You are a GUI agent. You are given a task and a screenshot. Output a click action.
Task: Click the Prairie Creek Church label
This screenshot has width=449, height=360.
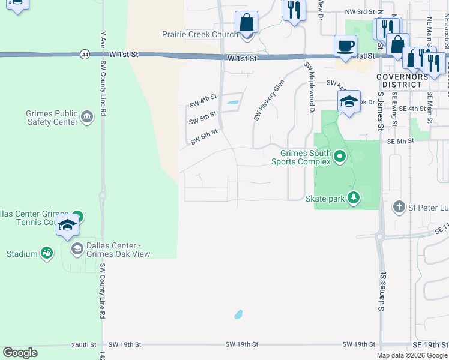pyautogui.click(x=200, y=35)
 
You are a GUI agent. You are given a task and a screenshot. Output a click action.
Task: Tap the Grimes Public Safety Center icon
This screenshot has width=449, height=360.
pyautogui.click(x=87, y=116)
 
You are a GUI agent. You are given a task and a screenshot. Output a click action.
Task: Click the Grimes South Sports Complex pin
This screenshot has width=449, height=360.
pyautogui.click(x=340, y=157)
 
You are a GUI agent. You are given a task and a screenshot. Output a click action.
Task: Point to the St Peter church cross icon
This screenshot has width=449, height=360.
pyautogui.click(x=399, y=208)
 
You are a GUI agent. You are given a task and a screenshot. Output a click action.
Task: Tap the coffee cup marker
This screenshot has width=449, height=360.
pyautogui.click(x=345, y=47)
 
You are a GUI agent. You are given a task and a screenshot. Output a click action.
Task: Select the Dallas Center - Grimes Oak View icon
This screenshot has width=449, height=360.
pyautogui.click(x=76, y=248)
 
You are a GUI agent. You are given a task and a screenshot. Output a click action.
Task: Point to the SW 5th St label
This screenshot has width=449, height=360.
pyautogui.click(x=202, y=121)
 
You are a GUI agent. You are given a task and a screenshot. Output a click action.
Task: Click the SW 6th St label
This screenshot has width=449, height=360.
pyautogui.click(x=203, y=140)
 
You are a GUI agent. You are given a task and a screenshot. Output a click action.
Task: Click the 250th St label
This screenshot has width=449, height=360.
pyautogui.click(x=83, y=345)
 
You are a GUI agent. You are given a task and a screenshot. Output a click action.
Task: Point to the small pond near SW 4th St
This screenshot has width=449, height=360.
pyautogui.click(x=231, y=103)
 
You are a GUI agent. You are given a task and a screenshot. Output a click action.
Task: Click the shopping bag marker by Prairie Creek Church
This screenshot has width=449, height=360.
pyautogui.click(x=246, y=23)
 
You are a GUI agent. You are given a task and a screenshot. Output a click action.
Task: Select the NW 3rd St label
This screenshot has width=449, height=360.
pyautogui.click(x=360, y=12)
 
